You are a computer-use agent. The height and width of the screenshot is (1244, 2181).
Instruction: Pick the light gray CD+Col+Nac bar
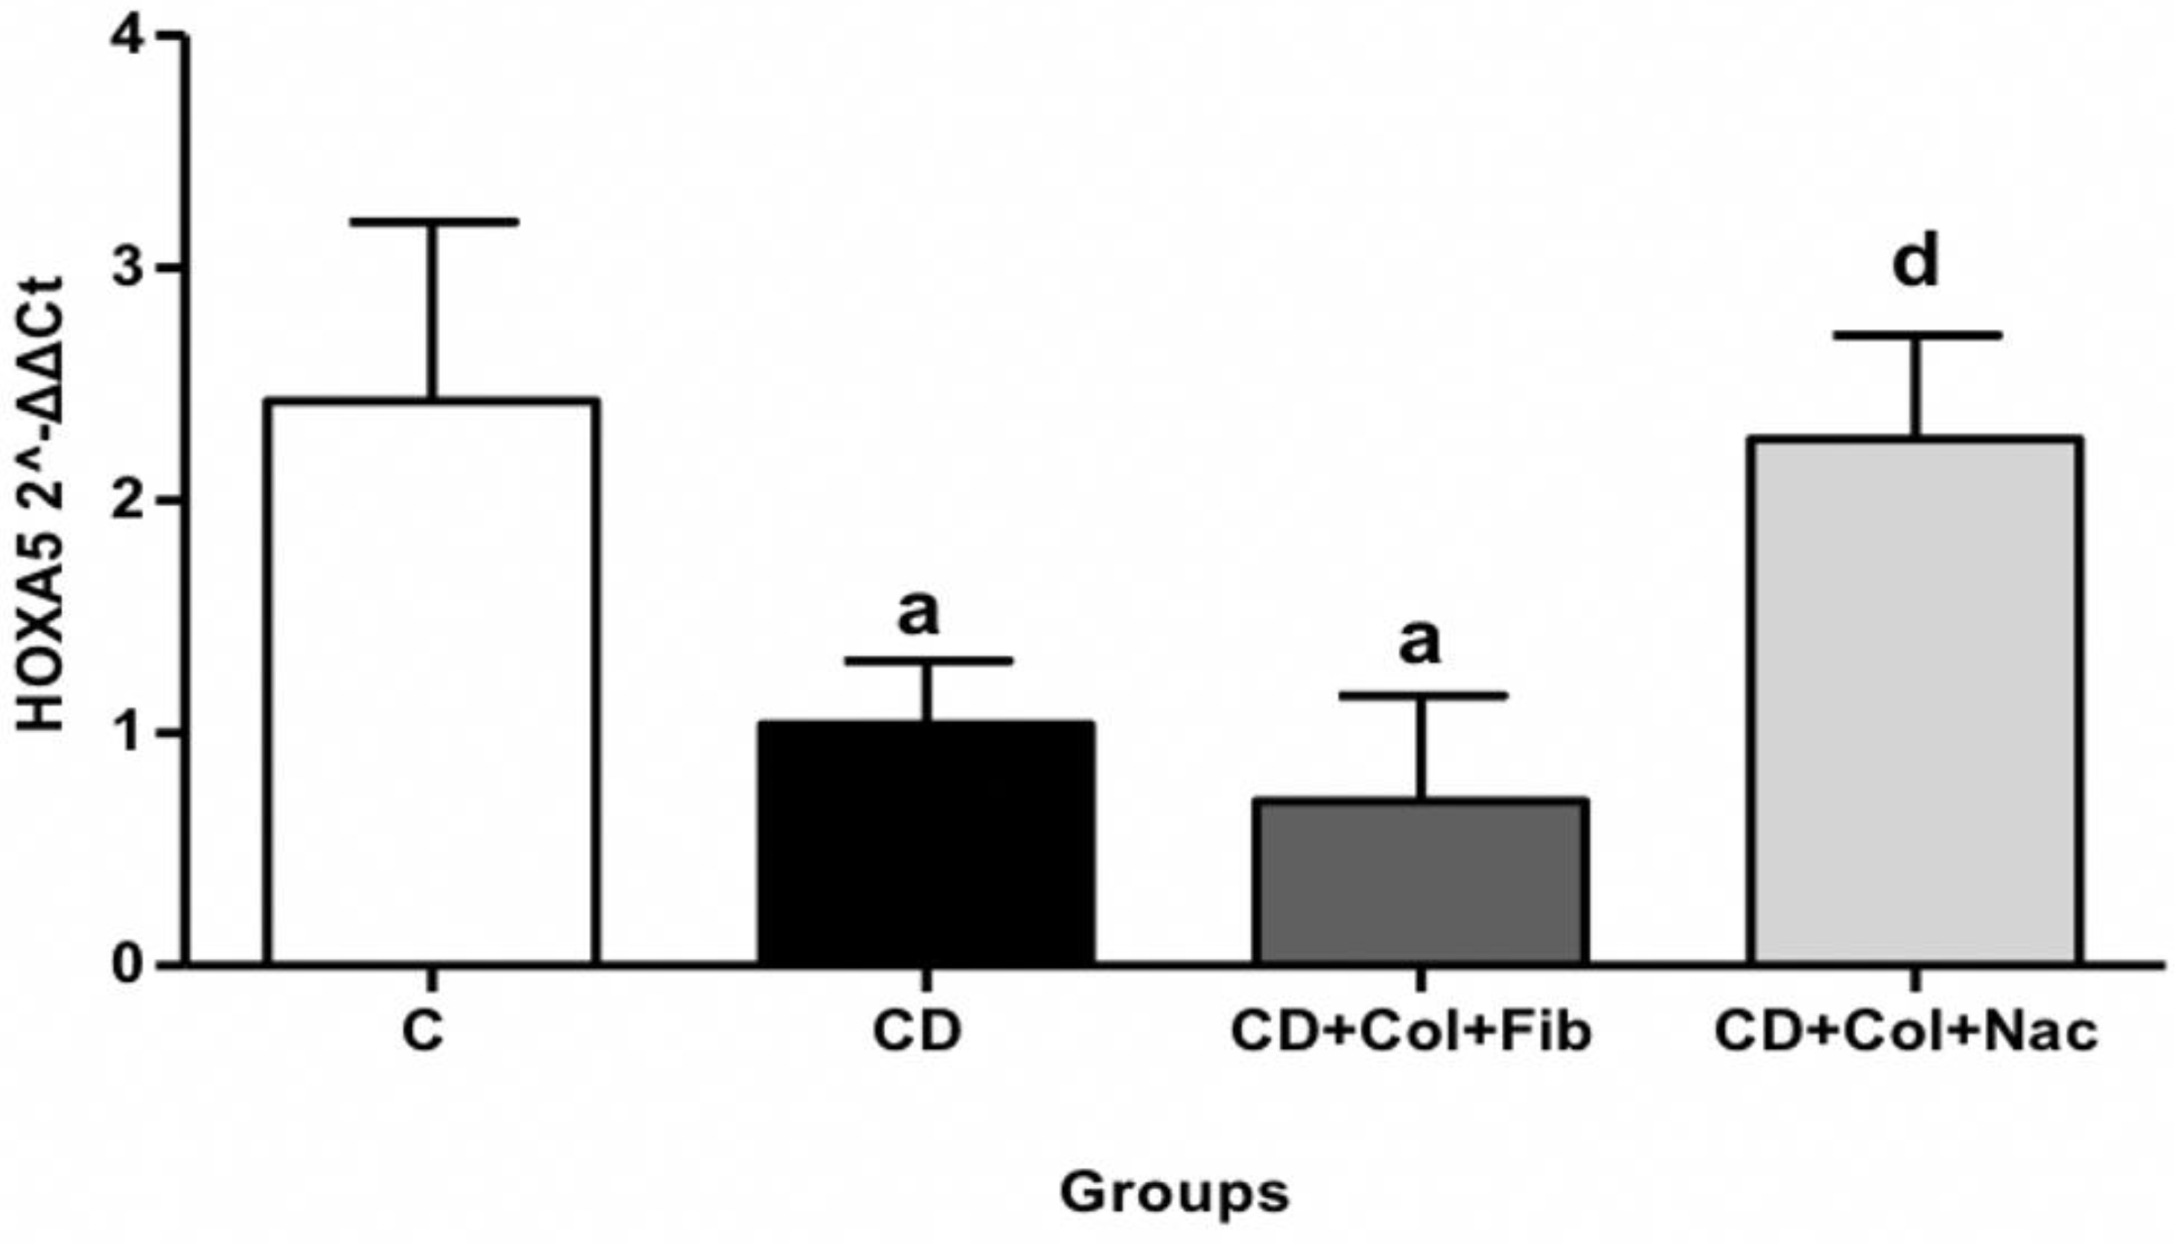1916,701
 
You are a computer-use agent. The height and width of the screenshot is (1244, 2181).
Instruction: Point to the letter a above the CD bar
918,612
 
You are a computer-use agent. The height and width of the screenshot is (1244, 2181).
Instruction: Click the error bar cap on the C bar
433,222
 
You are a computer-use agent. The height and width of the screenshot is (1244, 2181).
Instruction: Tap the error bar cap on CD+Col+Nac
1916,336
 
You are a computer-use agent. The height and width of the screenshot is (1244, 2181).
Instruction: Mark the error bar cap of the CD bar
927,660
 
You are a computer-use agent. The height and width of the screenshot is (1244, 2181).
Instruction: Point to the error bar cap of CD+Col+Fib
1421,695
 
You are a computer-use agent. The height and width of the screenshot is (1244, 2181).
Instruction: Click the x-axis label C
423,1031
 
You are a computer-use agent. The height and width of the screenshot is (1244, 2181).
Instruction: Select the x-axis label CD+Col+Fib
1410,1031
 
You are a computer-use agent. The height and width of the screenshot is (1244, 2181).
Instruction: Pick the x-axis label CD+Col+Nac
1906,1031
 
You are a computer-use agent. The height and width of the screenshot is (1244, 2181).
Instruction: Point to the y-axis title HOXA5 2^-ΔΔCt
42,504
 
